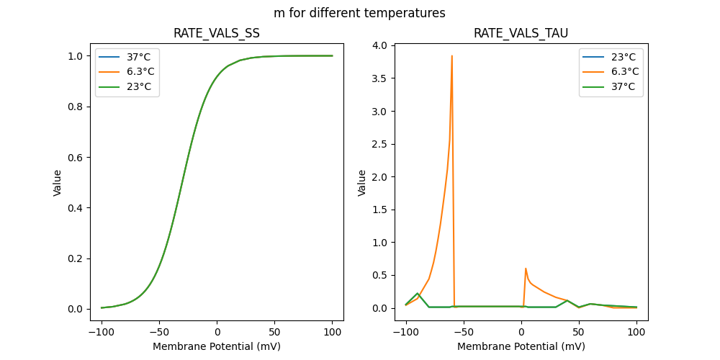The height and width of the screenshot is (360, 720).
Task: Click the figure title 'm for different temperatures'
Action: (359, 13)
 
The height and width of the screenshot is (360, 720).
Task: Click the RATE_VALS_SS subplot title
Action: (217, 33)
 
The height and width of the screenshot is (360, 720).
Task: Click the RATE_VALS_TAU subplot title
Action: (521, 33)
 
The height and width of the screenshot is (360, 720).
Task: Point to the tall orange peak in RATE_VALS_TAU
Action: (452, 56)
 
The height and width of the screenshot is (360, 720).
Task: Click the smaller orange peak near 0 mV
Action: (526, 269)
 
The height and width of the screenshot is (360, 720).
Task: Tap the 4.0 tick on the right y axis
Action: (380, 45)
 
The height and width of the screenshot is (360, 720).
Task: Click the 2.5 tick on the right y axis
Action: (380, 144)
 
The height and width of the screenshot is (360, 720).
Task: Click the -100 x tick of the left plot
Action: (102, 332)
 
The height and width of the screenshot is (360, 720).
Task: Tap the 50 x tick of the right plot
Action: (579, 332)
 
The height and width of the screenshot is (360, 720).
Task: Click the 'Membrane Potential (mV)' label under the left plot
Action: (217, 346)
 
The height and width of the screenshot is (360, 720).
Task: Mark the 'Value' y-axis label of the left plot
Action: (58, 183)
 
